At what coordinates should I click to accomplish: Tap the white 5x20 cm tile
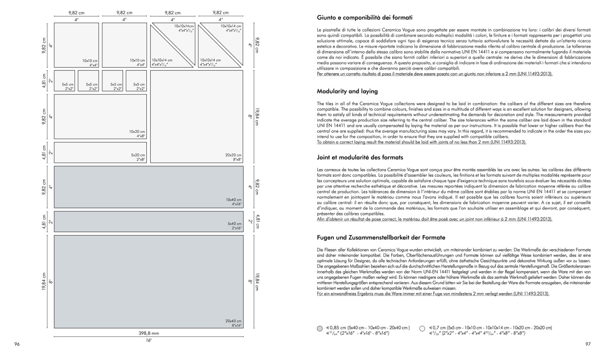pyautogui.click(x=100, y=152)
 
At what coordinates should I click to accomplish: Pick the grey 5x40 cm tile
pyautogui.click(x=149, y=221)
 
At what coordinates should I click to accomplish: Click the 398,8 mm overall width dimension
pyautogui.click(x=149, y=333)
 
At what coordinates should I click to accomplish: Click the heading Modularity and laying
pyautogui.click(x=347, y=91)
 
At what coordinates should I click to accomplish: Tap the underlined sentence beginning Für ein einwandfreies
pyautogui.click(x=433, y=294)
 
